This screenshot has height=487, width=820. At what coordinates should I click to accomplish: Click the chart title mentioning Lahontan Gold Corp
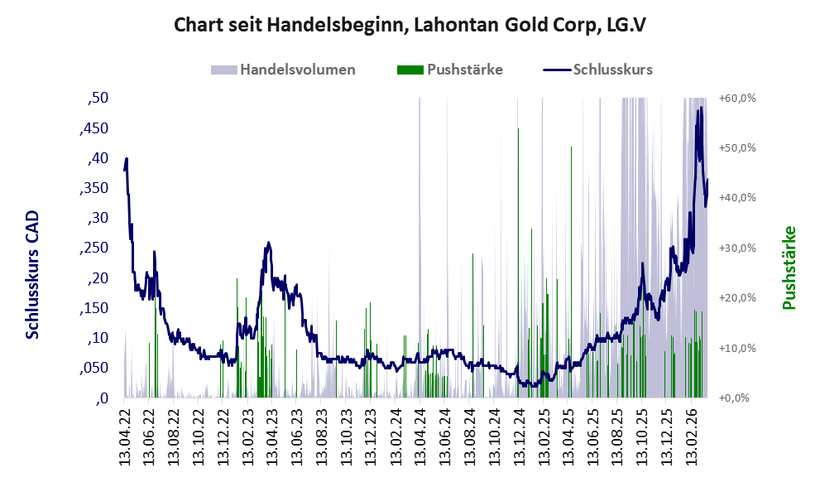410,25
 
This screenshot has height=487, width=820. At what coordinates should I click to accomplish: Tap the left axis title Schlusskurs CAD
32,275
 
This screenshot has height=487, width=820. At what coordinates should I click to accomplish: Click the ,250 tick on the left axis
94,248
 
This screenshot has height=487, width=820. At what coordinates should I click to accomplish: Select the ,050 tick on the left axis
94,368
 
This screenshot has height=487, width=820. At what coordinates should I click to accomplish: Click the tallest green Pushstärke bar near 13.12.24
518,129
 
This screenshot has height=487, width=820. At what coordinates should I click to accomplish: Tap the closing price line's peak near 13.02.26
702,108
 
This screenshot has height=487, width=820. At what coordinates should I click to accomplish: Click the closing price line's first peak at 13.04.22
126,158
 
